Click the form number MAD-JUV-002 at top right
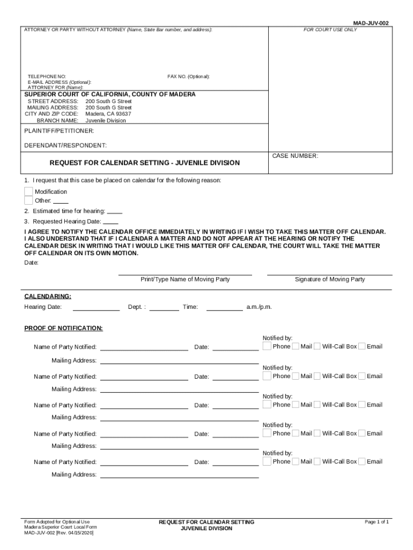371,23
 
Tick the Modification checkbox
28,192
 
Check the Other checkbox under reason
28,201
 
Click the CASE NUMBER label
295,156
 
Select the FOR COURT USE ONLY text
330,30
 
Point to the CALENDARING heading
48,296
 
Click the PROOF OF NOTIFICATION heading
63,328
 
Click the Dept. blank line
164,308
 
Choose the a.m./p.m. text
259,307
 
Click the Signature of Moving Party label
330,279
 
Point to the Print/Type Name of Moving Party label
185,279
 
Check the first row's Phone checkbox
267,346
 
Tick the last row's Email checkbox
362,461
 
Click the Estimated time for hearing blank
115,212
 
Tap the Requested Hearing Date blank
110,221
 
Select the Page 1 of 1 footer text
377,522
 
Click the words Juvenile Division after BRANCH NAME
106,121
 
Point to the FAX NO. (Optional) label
188,77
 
